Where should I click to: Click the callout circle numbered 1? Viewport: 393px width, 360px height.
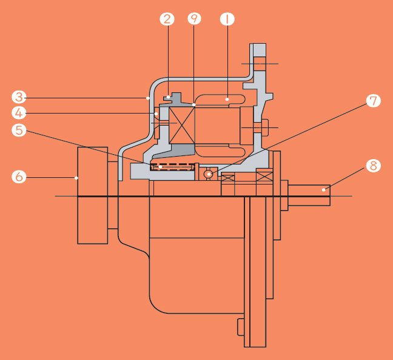tap(227, 19)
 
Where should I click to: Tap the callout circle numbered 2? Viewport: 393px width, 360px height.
tap(167, 19)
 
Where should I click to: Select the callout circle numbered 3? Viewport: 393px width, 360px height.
tap(19, 97)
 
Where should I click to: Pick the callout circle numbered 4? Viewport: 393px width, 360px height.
tap(19, 113)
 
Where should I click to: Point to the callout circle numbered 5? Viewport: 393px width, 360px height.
tap(19, 130)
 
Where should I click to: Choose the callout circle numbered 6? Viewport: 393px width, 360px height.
tap(19, 177)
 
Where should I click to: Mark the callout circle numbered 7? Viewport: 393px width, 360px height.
tap(374, 101)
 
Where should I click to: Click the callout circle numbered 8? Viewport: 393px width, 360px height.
tap(374, 166)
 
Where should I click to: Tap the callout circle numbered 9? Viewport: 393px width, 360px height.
tap(194, 19)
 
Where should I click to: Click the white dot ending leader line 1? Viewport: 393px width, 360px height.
tap(227, 100)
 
